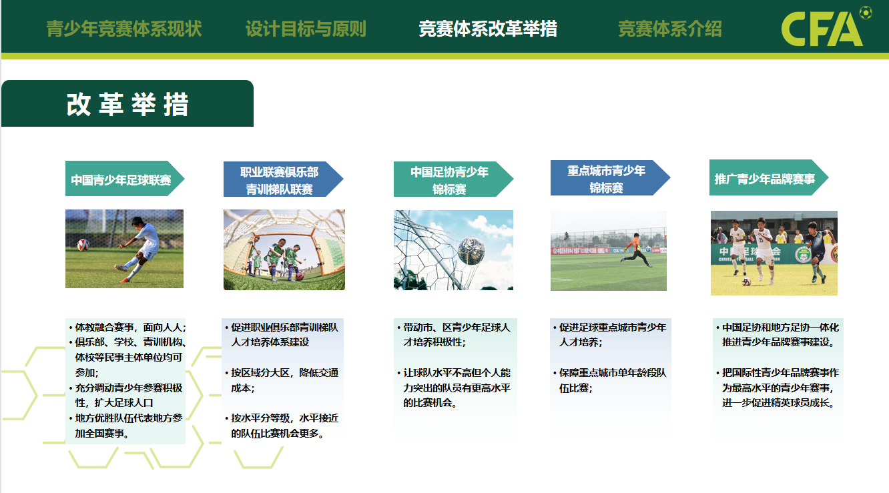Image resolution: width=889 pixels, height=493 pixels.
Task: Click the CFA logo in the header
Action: click(826, 27)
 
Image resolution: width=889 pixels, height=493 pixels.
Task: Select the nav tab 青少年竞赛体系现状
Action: click(124, 29)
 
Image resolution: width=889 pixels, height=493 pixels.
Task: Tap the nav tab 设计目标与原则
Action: click(306, 29)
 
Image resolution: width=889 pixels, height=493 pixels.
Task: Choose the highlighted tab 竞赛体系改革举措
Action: click(488, 29)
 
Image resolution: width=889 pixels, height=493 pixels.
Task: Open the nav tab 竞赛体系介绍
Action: click(670, 29)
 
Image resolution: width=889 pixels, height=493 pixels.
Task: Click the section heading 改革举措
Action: click(127, 105)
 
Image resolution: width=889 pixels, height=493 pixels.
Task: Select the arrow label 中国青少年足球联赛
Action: click(121, 180)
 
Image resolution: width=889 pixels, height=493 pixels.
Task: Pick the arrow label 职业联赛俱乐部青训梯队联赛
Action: click(280, 181)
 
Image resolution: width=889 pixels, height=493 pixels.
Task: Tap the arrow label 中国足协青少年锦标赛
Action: click(449, 181)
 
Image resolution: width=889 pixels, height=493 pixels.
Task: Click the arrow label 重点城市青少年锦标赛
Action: click(606, 179)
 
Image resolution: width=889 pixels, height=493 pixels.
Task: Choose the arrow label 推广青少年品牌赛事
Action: click(765, 179)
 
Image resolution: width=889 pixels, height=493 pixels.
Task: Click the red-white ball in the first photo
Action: click(83, 244)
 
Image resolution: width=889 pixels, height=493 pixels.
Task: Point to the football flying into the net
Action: click(471, 251)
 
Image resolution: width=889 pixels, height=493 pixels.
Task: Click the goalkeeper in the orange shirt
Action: click(637, 251)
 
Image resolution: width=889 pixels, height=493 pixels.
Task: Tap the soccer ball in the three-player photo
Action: click(746, 282)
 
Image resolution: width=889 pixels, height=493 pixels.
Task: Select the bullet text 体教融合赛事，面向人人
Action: click(127, 327)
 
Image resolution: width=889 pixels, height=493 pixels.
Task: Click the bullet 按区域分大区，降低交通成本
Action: click(282, 380)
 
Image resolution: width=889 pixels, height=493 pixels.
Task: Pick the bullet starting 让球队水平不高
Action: click(454, 388)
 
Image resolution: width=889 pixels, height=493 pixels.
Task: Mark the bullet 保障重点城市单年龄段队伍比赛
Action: click(609, 380)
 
